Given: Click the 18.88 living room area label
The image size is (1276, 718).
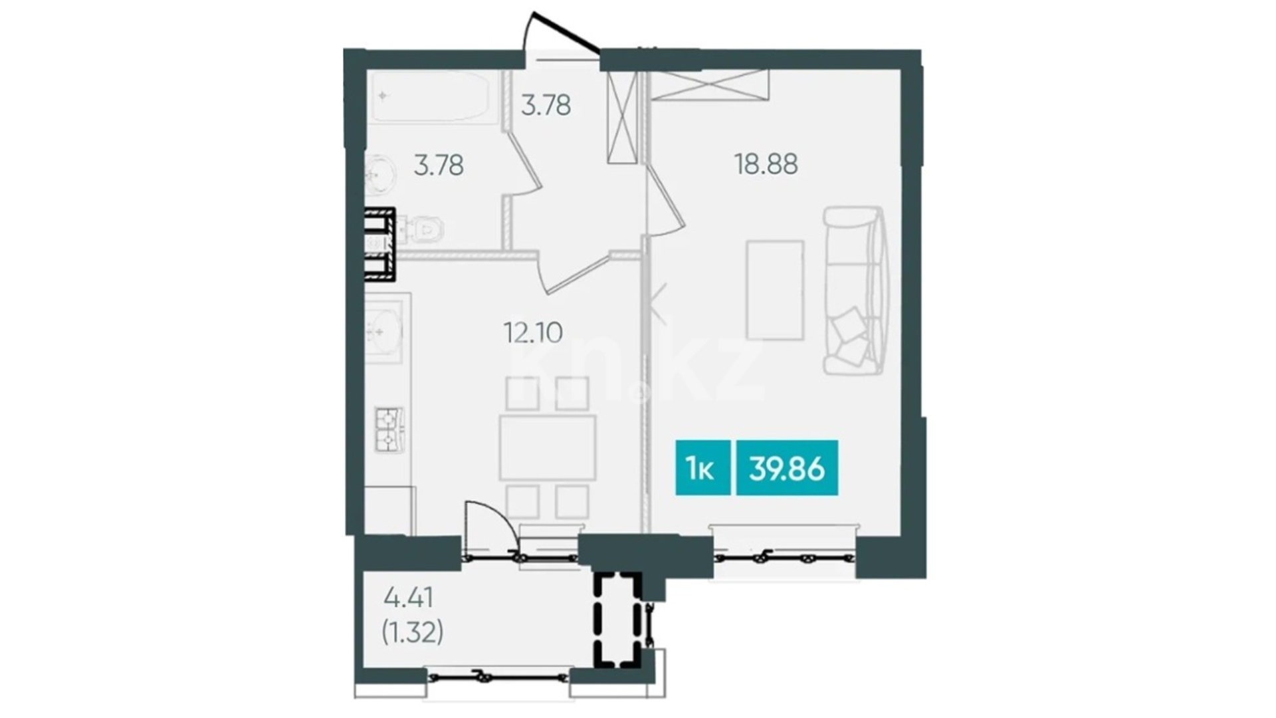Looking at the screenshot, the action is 766,164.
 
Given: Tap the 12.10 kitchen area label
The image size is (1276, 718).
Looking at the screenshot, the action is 533,332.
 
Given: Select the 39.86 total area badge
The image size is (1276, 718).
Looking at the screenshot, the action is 787,468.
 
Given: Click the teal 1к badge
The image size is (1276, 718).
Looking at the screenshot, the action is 702,468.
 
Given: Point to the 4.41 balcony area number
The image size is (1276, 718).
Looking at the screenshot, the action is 409,598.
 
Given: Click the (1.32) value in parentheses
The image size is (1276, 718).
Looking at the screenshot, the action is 412,632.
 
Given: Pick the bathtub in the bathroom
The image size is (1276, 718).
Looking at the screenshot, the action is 435,97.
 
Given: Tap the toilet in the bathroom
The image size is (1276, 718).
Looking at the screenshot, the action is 424,231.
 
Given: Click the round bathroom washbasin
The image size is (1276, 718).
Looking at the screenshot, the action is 380,175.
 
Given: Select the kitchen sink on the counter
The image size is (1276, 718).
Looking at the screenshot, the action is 383,329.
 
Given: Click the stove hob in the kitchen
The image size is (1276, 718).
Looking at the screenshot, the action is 389,429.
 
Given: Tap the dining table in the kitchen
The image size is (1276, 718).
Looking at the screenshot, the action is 548,447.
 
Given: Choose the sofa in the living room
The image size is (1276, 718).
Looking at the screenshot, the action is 855,291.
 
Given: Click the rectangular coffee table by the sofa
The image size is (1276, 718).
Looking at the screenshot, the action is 775,291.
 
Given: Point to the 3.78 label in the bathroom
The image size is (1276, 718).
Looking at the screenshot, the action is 439,166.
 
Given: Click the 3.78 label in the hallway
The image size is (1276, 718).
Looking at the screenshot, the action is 546,106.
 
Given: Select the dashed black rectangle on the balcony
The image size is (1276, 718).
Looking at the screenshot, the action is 617,620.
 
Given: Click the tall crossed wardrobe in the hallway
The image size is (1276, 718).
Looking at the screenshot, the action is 623,117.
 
